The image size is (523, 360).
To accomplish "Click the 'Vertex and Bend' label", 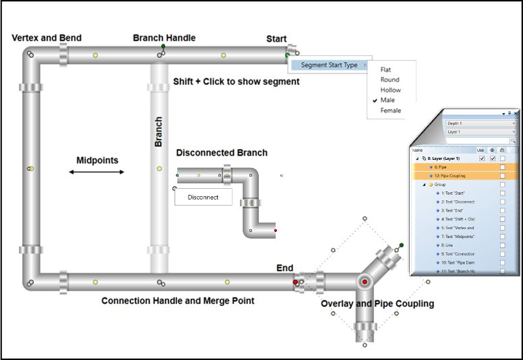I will tap(47, 38).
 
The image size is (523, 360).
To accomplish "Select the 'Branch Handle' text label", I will tap(164, 38).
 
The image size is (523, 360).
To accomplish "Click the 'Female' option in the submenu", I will tap(390, 111).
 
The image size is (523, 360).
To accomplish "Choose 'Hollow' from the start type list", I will tap(390, 90).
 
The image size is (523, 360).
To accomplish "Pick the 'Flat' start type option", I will tap(386, 69).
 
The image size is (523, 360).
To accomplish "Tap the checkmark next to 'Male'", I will tap(373, 100).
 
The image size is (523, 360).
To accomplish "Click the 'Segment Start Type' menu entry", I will tap(329, 65).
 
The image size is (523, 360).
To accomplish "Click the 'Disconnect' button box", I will tap(203, 197).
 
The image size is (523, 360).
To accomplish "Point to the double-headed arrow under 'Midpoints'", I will tap(97, 172).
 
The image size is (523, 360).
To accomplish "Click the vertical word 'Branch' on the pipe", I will tap(158, 131).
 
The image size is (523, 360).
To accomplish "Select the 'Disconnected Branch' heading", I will tap(222, 152).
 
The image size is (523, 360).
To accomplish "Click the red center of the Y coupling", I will tap(365, 280).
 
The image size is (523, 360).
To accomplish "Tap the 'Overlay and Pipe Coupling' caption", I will tap(377, 303).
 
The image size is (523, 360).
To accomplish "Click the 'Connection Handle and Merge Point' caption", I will tap(177, 301).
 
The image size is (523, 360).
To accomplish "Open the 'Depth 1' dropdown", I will tap(481, 124).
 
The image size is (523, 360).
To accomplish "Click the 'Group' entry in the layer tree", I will tap(439, 184).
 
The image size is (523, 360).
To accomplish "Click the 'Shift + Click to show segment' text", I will tap(236, 82).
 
